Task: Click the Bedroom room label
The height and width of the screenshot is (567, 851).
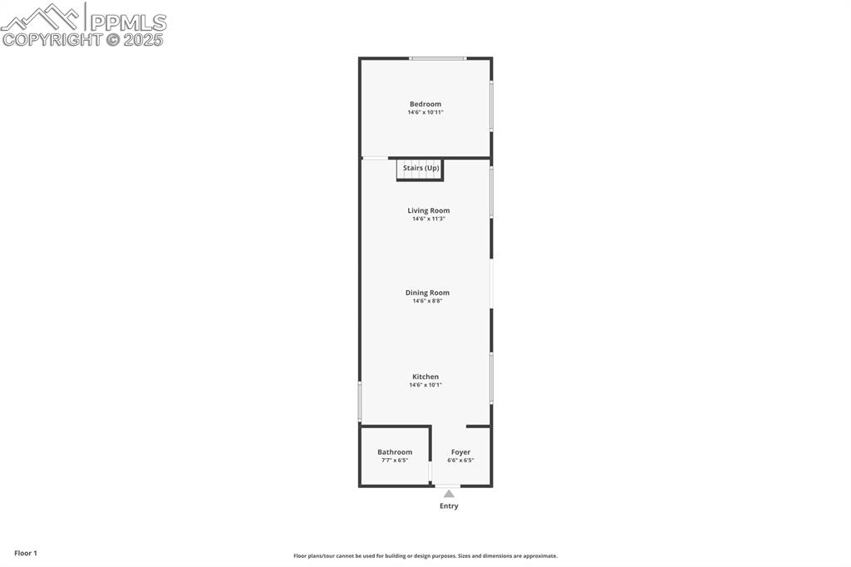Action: pyautogui.click(x=425, y=104)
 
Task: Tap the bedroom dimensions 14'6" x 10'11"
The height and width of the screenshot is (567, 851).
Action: pyautogui.click(x=425, y=112)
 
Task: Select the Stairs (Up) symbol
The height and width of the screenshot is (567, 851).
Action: pyautogui.click(x=421, y=169)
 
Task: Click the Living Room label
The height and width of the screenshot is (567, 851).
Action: pyautogui.click(x=428, y=210)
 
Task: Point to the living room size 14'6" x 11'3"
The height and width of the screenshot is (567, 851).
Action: pyautogui.click(x=428, y=219)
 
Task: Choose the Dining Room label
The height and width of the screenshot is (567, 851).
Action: pyautogui.click(x=427, y=293)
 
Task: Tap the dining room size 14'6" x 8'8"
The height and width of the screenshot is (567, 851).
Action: pyautogui.click(x=427, y=301)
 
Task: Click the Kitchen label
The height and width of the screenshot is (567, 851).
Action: pyautogui.click(x=425, y=377)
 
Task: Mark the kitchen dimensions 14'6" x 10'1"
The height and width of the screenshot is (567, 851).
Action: pyautogui.click(x=425, y=385)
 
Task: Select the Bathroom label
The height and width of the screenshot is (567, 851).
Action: pyautogui.click(x=395, y=452)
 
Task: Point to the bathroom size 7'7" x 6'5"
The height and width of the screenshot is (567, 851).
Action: pyautogui.click(x=395, y=461)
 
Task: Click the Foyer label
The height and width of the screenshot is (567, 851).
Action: pyautogui.click(x=460, y=452)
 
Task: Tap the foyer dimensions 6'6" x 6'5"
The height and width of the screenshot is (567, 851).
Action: pyautogui.click(x=460, y=461)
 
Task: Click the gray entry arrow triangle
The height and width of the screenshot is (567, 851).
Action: pyautogui.click(x=449, y=494)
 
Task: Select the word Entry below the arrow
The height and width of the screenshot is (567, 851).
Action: pyautogui.click(x=449, y=506)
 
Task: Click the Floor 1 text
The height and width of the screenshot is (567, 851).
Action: pyautogui.click(x=26, y=553)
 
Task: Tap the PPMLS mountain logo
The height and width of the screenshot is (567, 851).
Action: pyautogui.click(x=42, y=17)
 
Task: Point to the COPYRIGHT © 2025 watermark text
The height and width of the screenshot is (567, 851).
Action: pyautogui.click(x=83, y=39)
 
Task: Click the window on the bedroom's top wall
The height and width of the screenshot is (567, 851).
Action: pyautogui.click(x=438, y=58)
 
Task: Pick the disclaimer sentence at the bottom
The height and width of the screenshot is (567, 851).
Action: pyautogui.click(x=425, y=556)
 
